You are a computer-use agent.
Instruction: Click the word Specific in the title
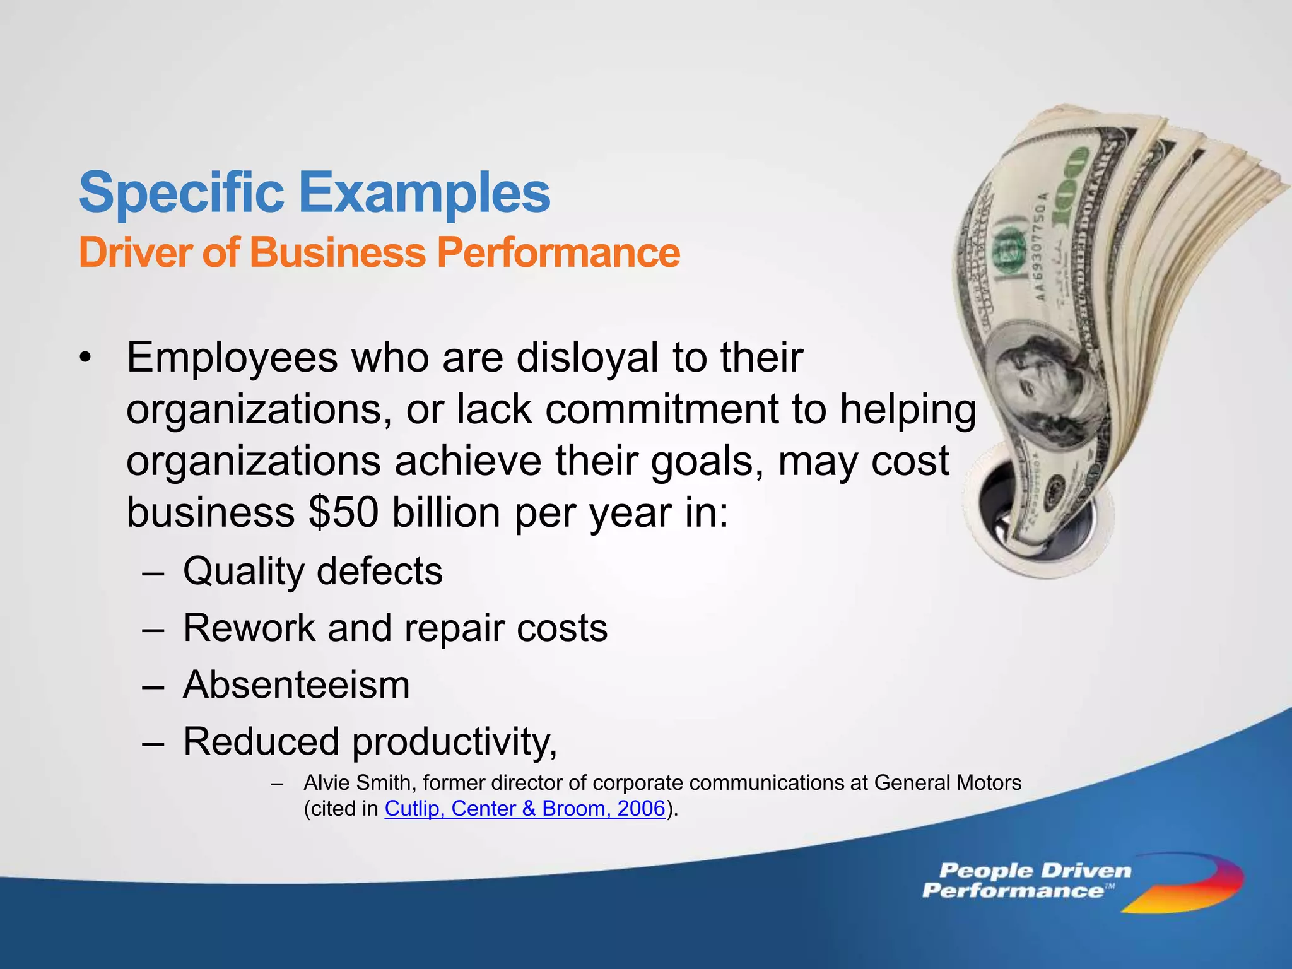pyautogui.click(x=182, y=192)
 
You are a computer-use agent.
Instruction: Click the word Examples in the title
pyautogui.click(x=424, y=192)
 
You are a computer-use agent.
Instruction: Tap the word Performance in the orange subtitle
pyautogui.click(x=558, y=252)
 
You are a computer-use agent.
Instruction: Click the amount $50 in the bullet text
pyautogui.click(x=343, y=512)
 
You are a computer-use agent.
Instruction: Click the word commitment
pyautogui.click(x=662, y=409)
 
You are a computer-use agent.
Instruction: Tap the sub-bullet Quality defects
pyautogui.click(x=313, y=571)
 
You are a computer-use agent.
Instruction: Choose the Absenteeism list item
pyautogui.click(x=297, y=684)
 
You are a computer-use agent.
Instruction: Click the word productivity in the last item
pyautogui.click(x=454, y=742)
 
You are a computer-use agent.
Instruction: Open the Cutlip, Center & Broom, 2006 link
pyautogui.click(x=525, y=809)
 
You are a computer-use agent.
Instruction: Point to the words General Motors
pyautogui.click(x=948, y=783)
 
